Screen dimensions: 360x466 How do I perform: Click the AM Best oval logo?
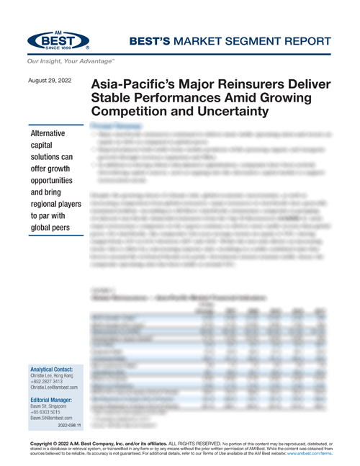coord(58,39)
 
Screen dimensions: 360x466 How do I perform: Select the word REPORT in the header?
coord(312,42)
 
